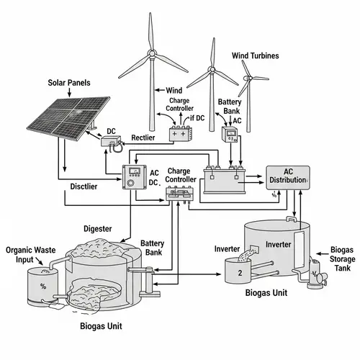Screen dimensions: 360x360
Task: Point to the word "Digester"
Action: tap(98, 228)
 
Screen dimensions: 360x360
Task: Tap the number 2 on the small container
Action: tap(240, 272)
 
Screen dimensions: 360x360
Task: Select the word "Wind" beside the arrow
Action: tap(174, 91)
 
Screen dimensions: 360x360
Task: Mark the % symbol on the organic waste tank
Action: tap(42, 287)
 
